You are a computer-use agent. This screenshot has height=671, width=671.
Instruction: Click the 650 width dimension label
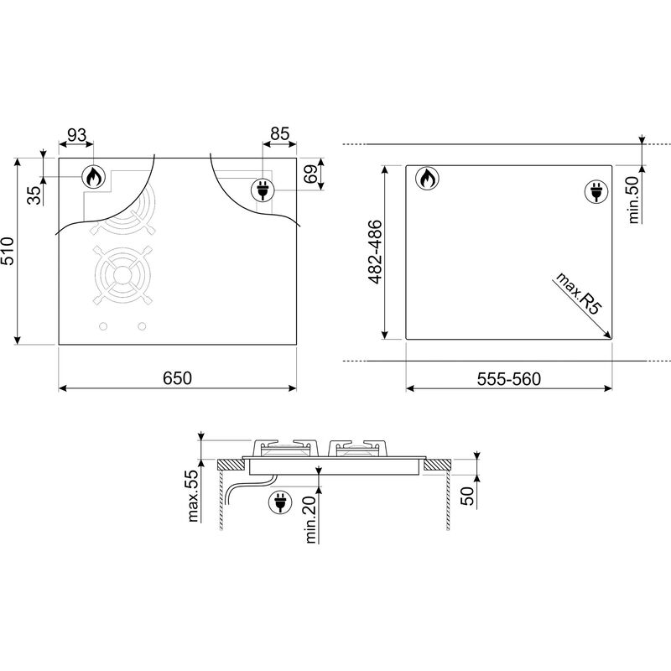pyautogui.click(x=177, y=378)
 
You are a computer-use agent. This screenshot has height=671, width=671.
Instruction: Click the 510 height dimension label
pyautogui.click(x=8, y=251)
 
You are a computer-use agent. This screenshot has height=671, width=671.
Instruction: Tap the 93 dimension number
pyautogui.click(x=77, y=135)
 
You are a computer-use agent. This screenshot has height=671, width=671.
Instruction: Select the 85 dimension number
pyautogui.click(x=280, y=134)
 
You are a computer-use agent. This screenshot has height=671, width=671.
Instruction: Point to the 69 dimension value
pyautogui.click(x=311, y=174)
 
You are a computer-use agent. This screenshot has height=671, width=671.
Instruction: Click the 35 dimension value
pyautogui.click(x=35, y=195)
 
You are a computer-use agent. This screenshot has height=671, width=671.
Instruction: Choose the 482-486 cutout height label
pyautogui.click(x=374, y=252)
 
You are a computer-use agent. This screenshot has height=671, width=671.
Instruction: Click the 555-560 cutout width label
pyautogui.click(x=509, y=379)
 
